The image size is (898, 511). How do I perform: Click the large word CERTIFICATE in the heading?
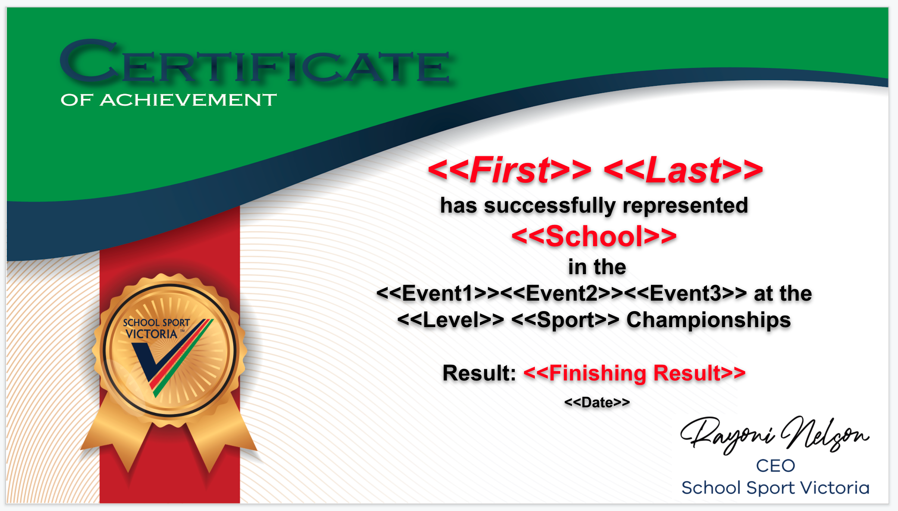pyautogui.click(x=255, y=62)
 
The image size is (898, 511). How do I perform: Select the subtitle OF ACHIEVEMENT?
pyautogui.click(x=169, y=100)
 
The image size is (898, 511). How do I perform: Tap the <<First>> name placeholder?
pyautogui.click(x=510, y=170)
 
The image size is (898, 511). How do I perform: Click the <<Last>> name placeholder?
pyautogui.click(x=683, y=170)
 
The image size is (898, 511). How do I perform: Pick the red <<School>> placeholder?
pyautogui.click(x=594, y=236)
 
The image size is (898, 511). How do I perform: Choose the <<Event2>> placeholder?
pyautogui.click(x=562, y=293)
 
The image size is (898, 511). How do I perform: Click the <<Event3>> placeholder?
pyautogui.click(x=686, y=293)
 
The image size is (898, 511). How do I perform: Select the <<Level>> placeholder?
pyautogui.click(x=451, y=320)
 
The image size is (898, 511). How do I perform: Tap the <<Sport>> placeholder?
pyautogui.click(x=565, y=320)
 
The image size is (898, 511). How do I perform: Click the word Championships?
pyautogui.click(x=709, y=320)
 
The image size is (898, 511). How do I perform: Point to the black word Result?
pyautogui.click(x=479, y=373)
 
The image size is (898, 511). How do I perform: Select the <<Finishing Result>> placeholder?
pyautogui.click(x=634, y=373)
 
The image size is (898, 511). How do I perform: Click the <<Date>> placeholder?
pyautogui.click(x=597, y=402)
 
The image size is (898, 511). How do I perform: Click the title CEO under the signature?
pyautogui.click(x=776, y=466)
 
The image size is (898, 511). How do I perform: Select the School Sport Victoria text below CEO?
pyautogui.click(x=776, y=488)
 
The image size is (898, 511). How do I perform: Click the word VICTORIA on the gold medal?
pyautogui.click(x=152, y=334)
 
